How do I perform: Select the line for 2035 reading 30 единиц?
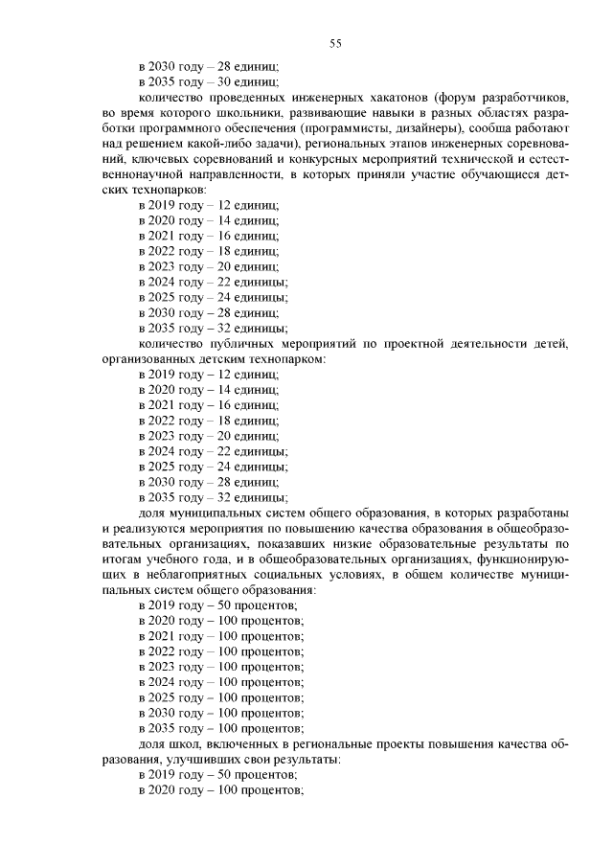208,82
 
